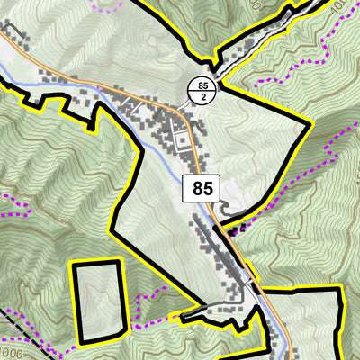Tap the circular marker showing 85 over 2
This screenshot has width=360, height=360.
pos(200,90)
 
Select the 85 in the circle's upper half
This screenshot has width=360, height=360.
pos(200,85)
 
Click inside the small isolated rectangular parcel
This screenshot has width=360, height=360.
pos(97,302)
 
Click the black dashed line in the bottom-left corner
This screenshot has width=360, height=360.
pos(18,328)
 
